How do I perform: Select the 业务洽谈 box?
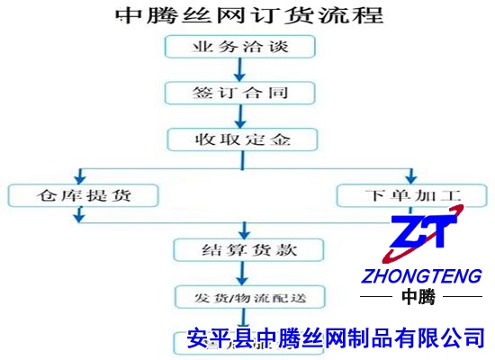240,46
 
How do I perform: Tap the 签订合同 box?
240,93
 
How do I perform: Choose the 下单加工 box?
411,194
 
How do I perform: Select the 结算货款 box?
247,249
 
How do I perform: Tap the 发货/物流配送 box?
247,297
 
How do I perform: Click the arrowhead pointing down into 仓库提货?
81,176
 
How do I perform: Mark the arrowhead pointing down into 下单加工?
412,176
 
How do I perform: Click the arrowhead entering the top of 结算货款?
244,230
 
